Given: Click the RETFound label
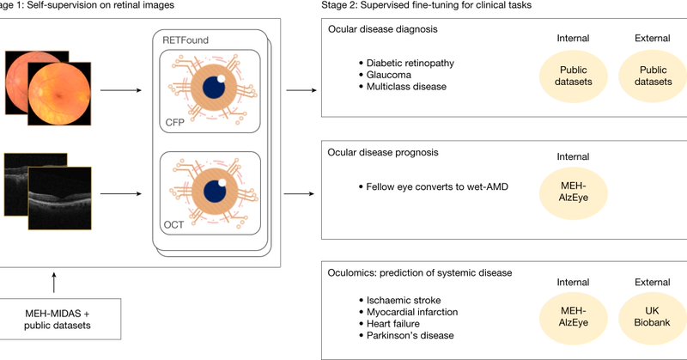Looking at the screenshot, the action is (x=185, y=40).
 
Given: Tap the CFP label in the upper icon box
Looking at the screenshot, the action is (x=175, y=122).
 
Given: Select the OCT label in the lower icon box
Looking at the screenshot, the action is (x=173, y=225).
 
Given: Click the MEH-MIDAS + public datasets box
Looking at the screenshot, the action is (x=58, y=320).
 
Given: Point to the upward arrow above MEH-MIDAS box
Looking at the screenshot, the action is (x=54, y=283).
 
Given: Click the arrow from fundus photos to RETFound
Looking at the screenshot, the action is (x=121, y=90).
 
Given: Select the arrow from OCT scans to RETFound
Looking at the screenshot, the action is (x=121, y=194).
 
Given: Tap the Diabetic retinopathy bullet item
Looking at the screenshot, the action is (x=406, y=63).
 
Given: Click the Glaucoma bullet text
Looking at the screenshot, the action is (x=389, y=75).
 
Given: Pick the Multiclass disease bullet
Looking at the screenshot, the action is (x=403, y=87).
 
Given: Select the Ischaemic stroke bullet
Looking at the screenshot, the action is (x=399, y=301).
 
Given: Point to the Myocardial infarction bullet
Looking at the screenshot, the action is (x=409, y=312).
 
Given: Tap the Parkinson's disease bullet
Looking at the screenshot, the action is (x=406, y=335).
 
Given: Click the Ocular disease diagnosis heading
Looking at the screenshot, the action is (x=382, y=29).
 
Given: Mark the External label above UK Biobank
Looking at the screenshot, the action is (x=653, y=283).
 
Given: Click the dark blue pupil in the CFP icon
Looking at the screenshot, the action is (x=214, y=87).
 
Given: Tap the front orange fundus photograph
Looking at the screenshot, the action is (x=59, y=94).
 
